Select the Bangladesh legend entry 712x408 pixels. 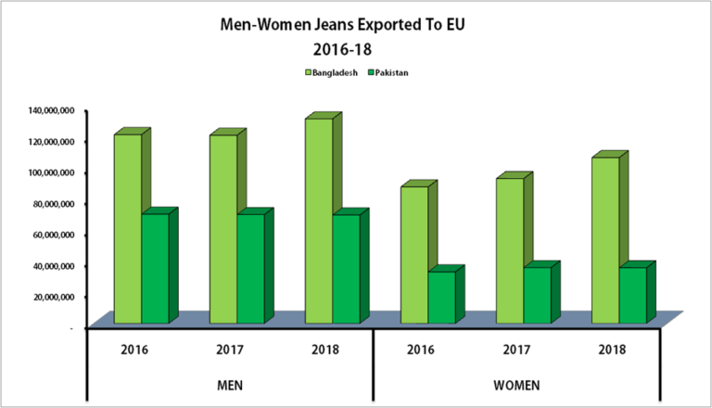click(330, 71)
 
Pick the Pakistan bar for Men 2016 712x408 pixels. click(155, 269)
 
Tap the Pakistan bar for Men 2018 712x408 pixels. click(346, 269)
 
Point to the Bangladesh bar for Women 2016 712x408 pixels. click(413, 255)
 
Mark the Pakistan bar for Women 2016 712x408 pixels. click(441, 297)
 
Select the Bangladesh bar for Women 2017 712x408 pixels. click(509, 250)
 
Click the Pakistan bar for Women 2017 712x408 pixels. click(537, 295)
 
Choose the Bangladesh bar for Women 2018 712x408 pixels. click(604, 240)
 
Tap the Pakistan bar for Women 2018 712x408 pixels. click(632, 295)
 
